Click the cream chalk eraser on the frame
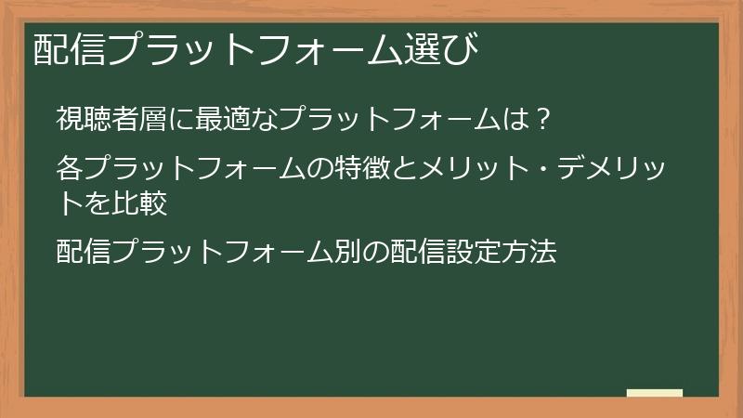click(655, 394)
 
